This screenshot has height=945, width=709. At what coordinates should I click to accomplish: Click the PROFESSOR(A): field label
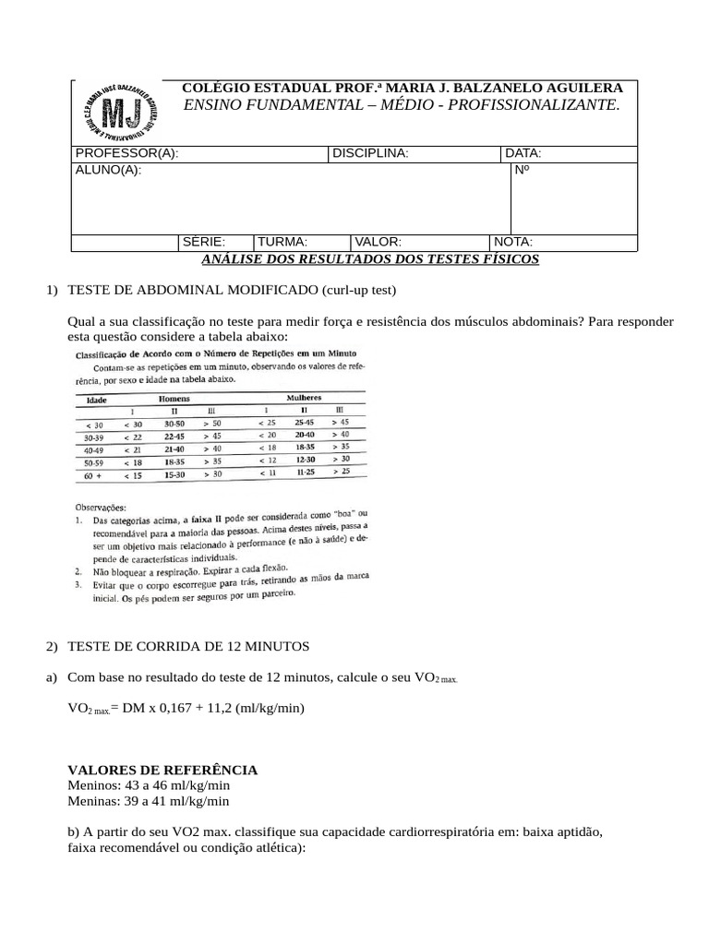126,153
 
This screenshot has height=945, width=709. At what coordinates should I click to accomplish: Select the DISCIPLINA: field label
369,153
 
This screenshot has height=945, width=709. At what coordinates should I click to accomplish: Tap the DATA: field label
523,153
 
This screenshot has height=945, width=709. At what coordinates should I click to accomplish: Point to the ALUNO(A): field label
109,171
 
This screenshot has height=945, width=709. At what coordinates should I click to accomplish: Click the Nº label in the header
522,171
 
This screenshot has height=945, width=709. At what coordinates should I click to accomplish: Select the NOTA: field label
514,242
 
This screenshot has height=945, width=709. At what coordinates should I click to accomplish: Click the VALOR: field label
379,242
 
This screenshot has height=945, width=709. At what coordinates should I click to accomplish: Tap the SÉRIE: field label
204,242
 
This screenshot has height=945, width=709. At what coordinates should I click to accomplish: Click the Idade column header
97,401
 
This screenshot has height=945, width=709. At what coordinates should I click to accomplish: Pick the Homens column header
174,398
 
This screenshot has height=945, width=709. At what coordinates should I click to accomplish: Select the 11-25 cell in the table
304,472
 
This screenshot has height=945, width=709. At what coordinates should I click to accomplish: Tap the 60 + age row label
93,477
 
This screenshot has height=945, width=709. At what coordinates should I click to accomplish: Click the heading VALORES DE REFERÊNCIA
163,770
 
